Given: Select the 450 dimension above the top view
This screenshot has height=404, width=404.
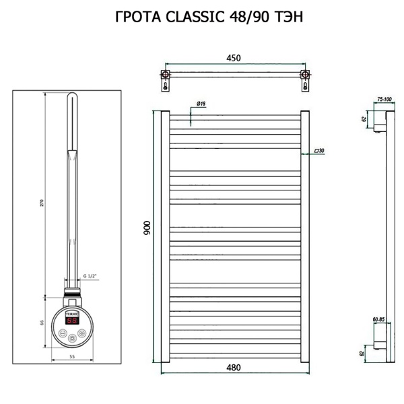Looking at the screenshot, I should coord(233,59).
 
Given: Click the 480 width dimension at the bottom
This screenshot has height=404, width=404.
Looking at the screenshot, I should coord(234,368).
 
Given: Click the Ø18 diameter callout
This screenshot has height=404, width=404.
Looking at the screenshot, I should coord(201,103).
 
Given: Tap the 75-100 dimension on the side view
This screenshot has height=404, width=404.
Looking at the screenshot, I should coord(384,99).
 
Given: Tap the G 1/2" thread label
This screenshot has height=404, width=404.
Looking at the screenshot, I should coord(90,277).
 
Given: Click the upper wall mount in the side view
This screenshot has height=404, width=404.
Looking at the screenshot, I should coord(380,125).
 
